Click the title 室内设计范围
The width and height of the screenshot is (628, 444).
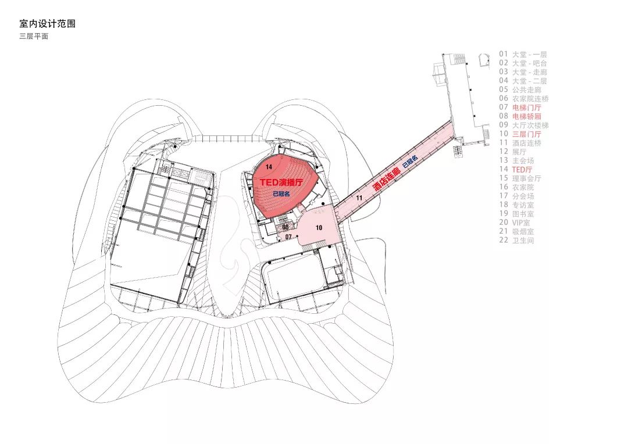(47, 24)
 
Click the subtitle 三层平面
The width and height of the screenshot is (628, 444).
(34, 36)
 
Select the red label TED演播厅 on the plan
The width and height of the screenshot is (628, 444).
(281, 182)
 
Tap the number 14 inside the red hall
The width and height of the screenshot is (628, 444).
(269, 167)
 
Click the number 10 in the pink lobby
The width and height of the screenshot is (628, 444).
(319, 228)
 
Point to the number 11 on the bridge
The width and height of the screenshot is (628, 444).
(359, 198)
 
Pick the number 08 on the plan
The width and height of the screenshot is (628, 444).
(285, 227)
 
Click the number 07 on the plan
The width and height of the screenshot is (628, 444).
(288, 237)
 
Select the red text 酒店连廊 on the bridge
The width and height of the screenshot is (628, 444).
(387, 178)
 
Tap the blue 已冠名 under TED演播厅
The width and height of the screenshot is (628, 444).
(281, 194)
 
